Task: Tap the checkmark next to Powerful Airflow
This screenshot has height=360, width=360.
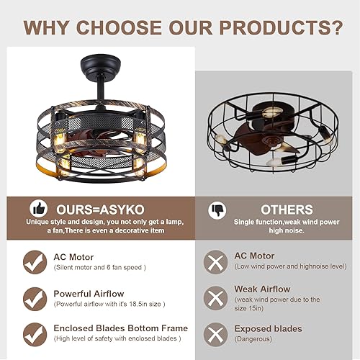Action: (x=34, y=298)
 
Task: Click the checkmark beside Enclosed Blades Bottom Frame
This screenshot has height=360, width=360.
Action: (x=34, y=333)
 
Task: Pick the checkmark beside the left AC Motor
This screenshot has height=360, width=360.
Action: (x=34, y=262)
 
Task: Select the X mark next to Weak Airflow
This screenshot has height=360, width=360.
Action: (x=215, y=298)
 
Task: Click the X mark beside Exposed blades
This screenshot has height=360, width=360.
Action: (x=215, y=333)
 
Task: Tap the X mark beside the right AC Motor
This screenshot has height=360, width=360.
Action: (x=215, y=262)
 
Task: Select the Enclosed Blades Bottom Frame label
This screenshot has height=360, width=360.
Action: (x=120, y=328)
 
